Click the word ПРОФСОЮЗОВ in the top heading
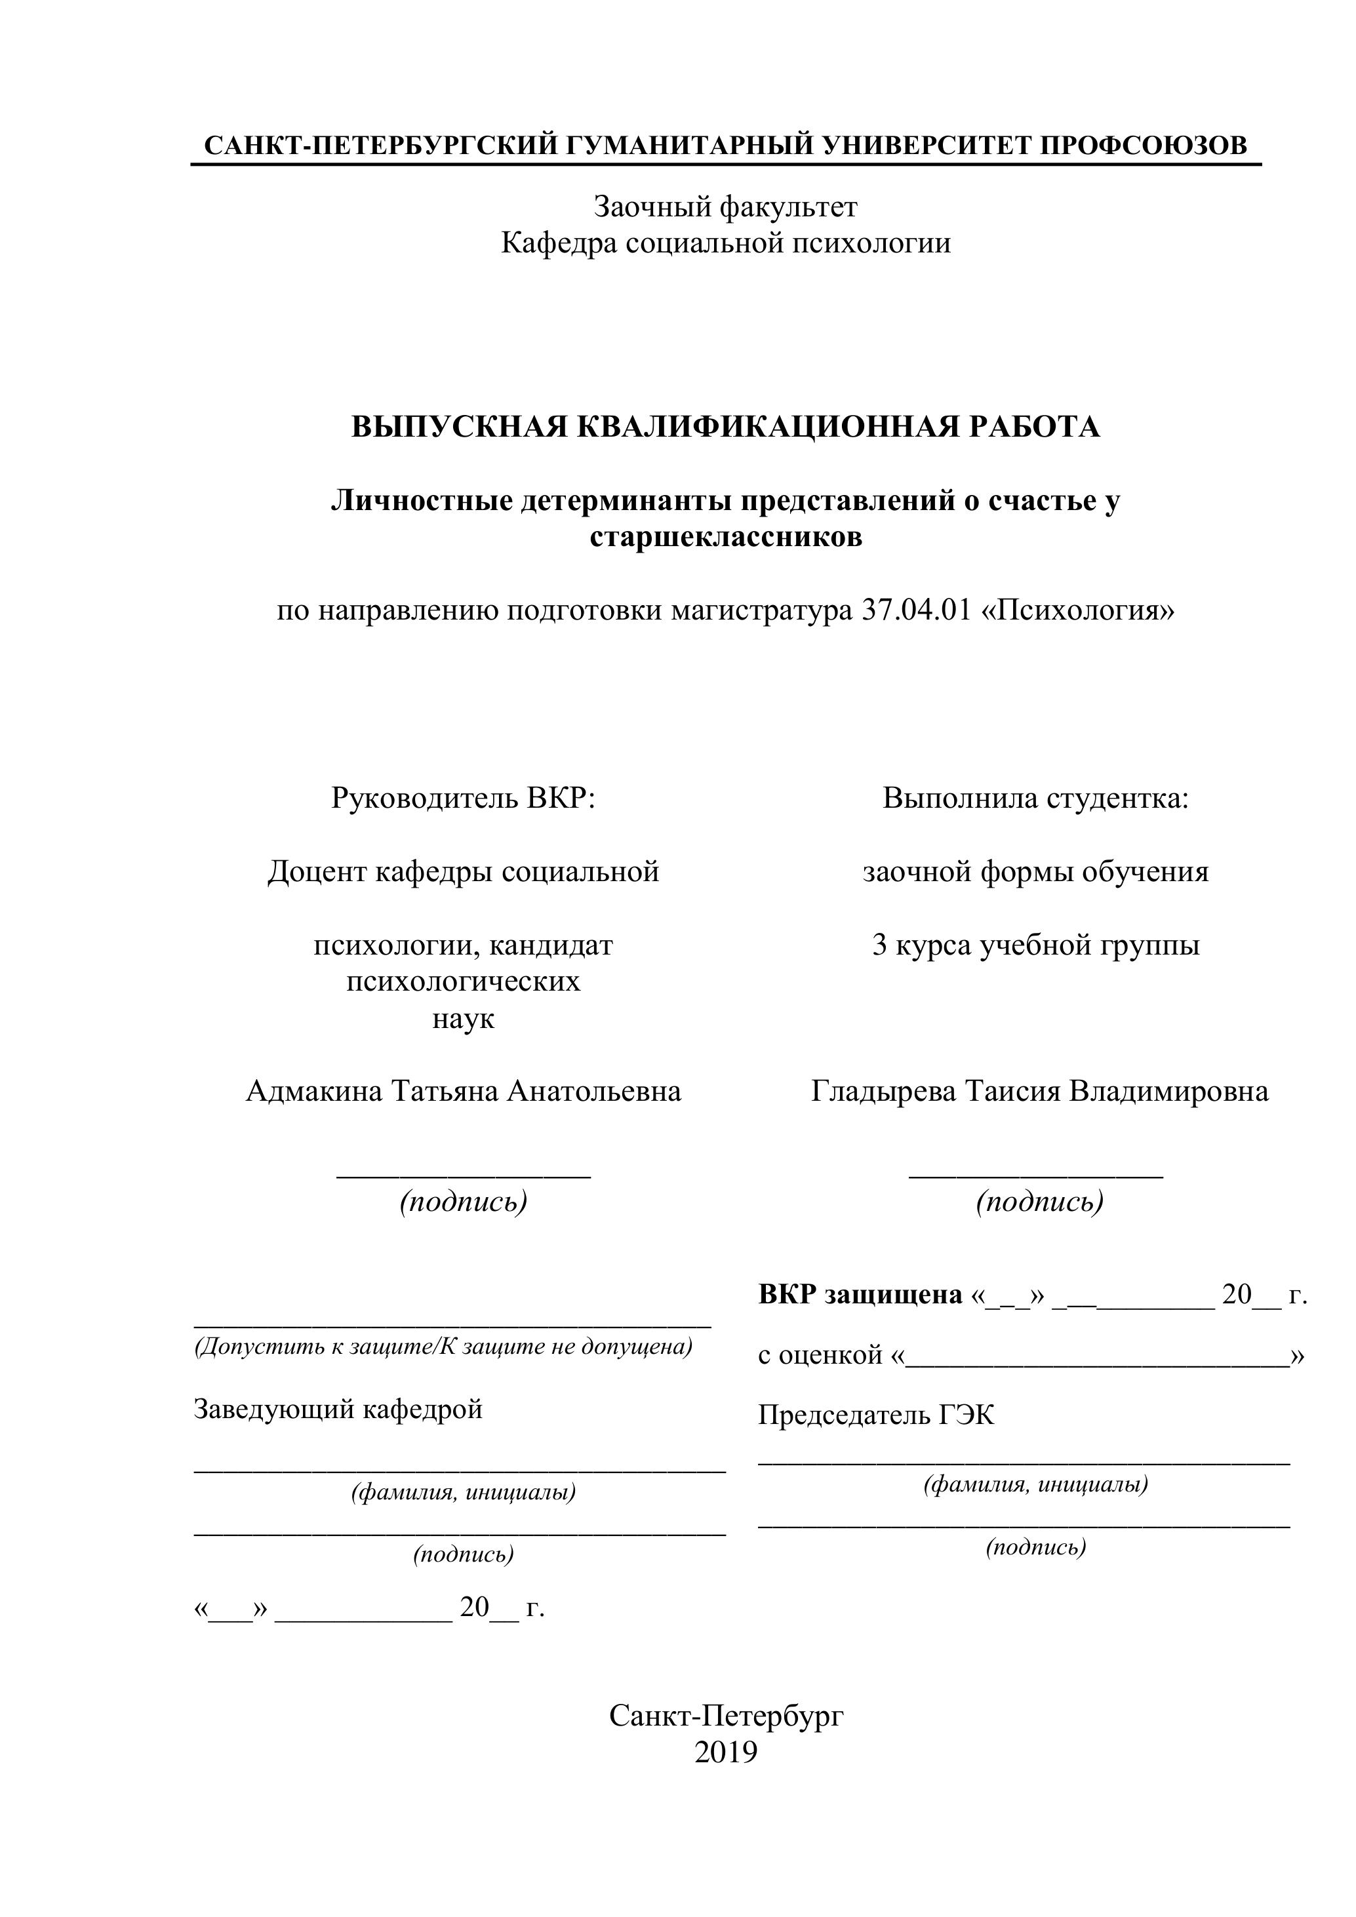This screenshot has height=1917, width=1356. [x=1143, y=146]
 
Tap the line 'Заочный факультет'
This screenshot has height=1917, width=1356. [x=725, y=207]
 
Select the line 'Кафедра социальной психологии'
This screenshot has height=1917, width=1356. [x=725, y=243]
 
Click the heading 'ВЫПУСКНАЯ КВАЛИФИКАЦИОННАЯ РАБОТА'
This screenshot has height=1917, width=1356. [x=725, y=427]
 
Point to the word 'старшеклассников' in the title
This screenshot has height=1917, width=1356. [x=725, y=536]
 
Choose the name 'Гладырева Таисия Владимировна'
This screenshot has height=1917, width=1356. [x=1039, y=1091]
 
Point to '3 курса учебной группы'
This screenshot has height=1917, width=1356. [x=1035, y=945]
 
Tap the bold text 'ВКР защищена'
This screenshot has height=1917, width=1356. [x=860, y=1294]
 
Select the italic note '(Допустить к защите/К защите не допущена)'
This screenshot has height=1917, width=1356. [x=443, y=1347]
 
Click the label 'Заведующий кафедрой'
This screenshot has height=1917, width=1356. [x=338, y=1410]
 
